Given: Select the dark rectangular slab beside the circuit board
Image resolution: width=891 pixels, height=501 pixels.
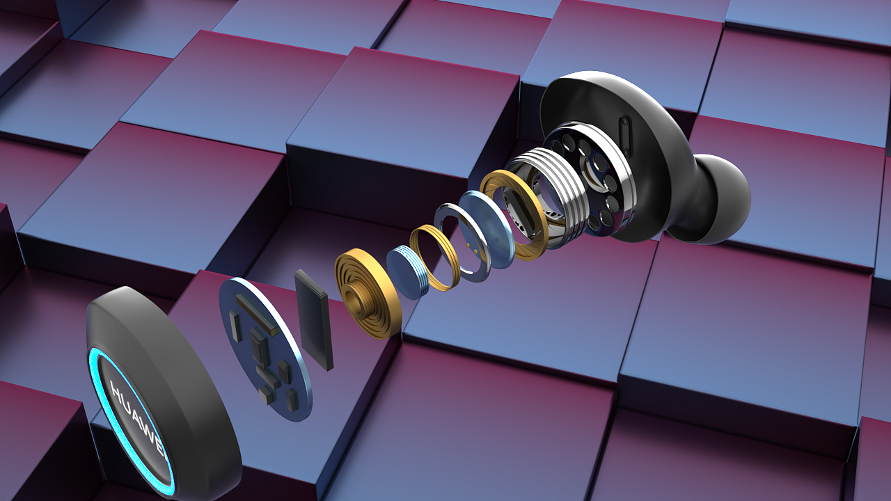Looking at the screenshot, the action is [x=314, y=320].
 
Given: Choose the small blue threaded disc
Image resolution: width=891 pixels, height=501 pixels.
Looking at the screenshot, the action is [x=407, y=272].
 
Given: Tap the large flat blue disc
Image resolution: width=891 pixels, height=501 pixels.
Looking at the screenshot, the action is [x=486, y=230].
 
